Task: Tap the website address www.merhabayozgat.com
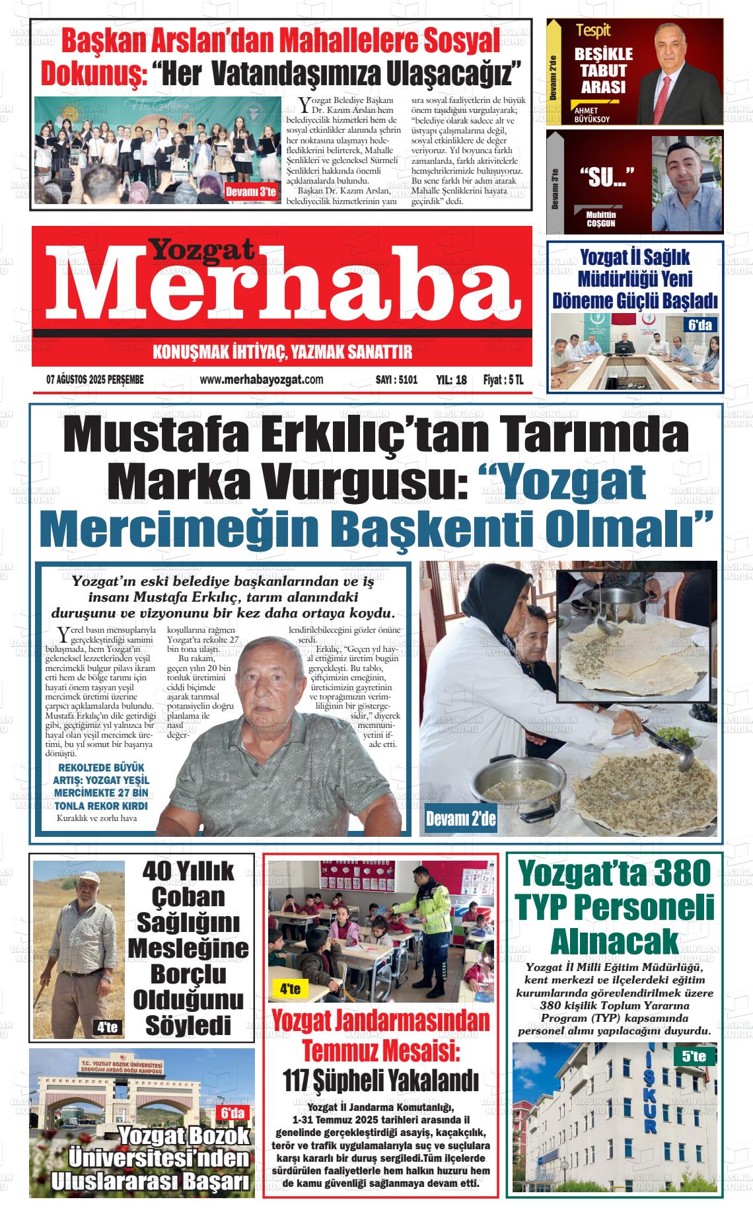[x=261, y=380]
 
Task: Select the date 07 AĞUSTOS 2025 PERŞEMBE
[x=95, y=380]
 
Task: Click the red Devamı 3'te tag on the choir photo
[x=250, y=192]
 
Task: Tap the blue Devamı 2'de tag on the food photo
[x=460, y=820]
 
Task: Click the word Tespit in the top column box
[x=592, y=30]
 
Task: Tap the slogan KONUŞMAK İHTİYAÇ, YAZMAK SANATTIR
[x=282, y=352]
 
